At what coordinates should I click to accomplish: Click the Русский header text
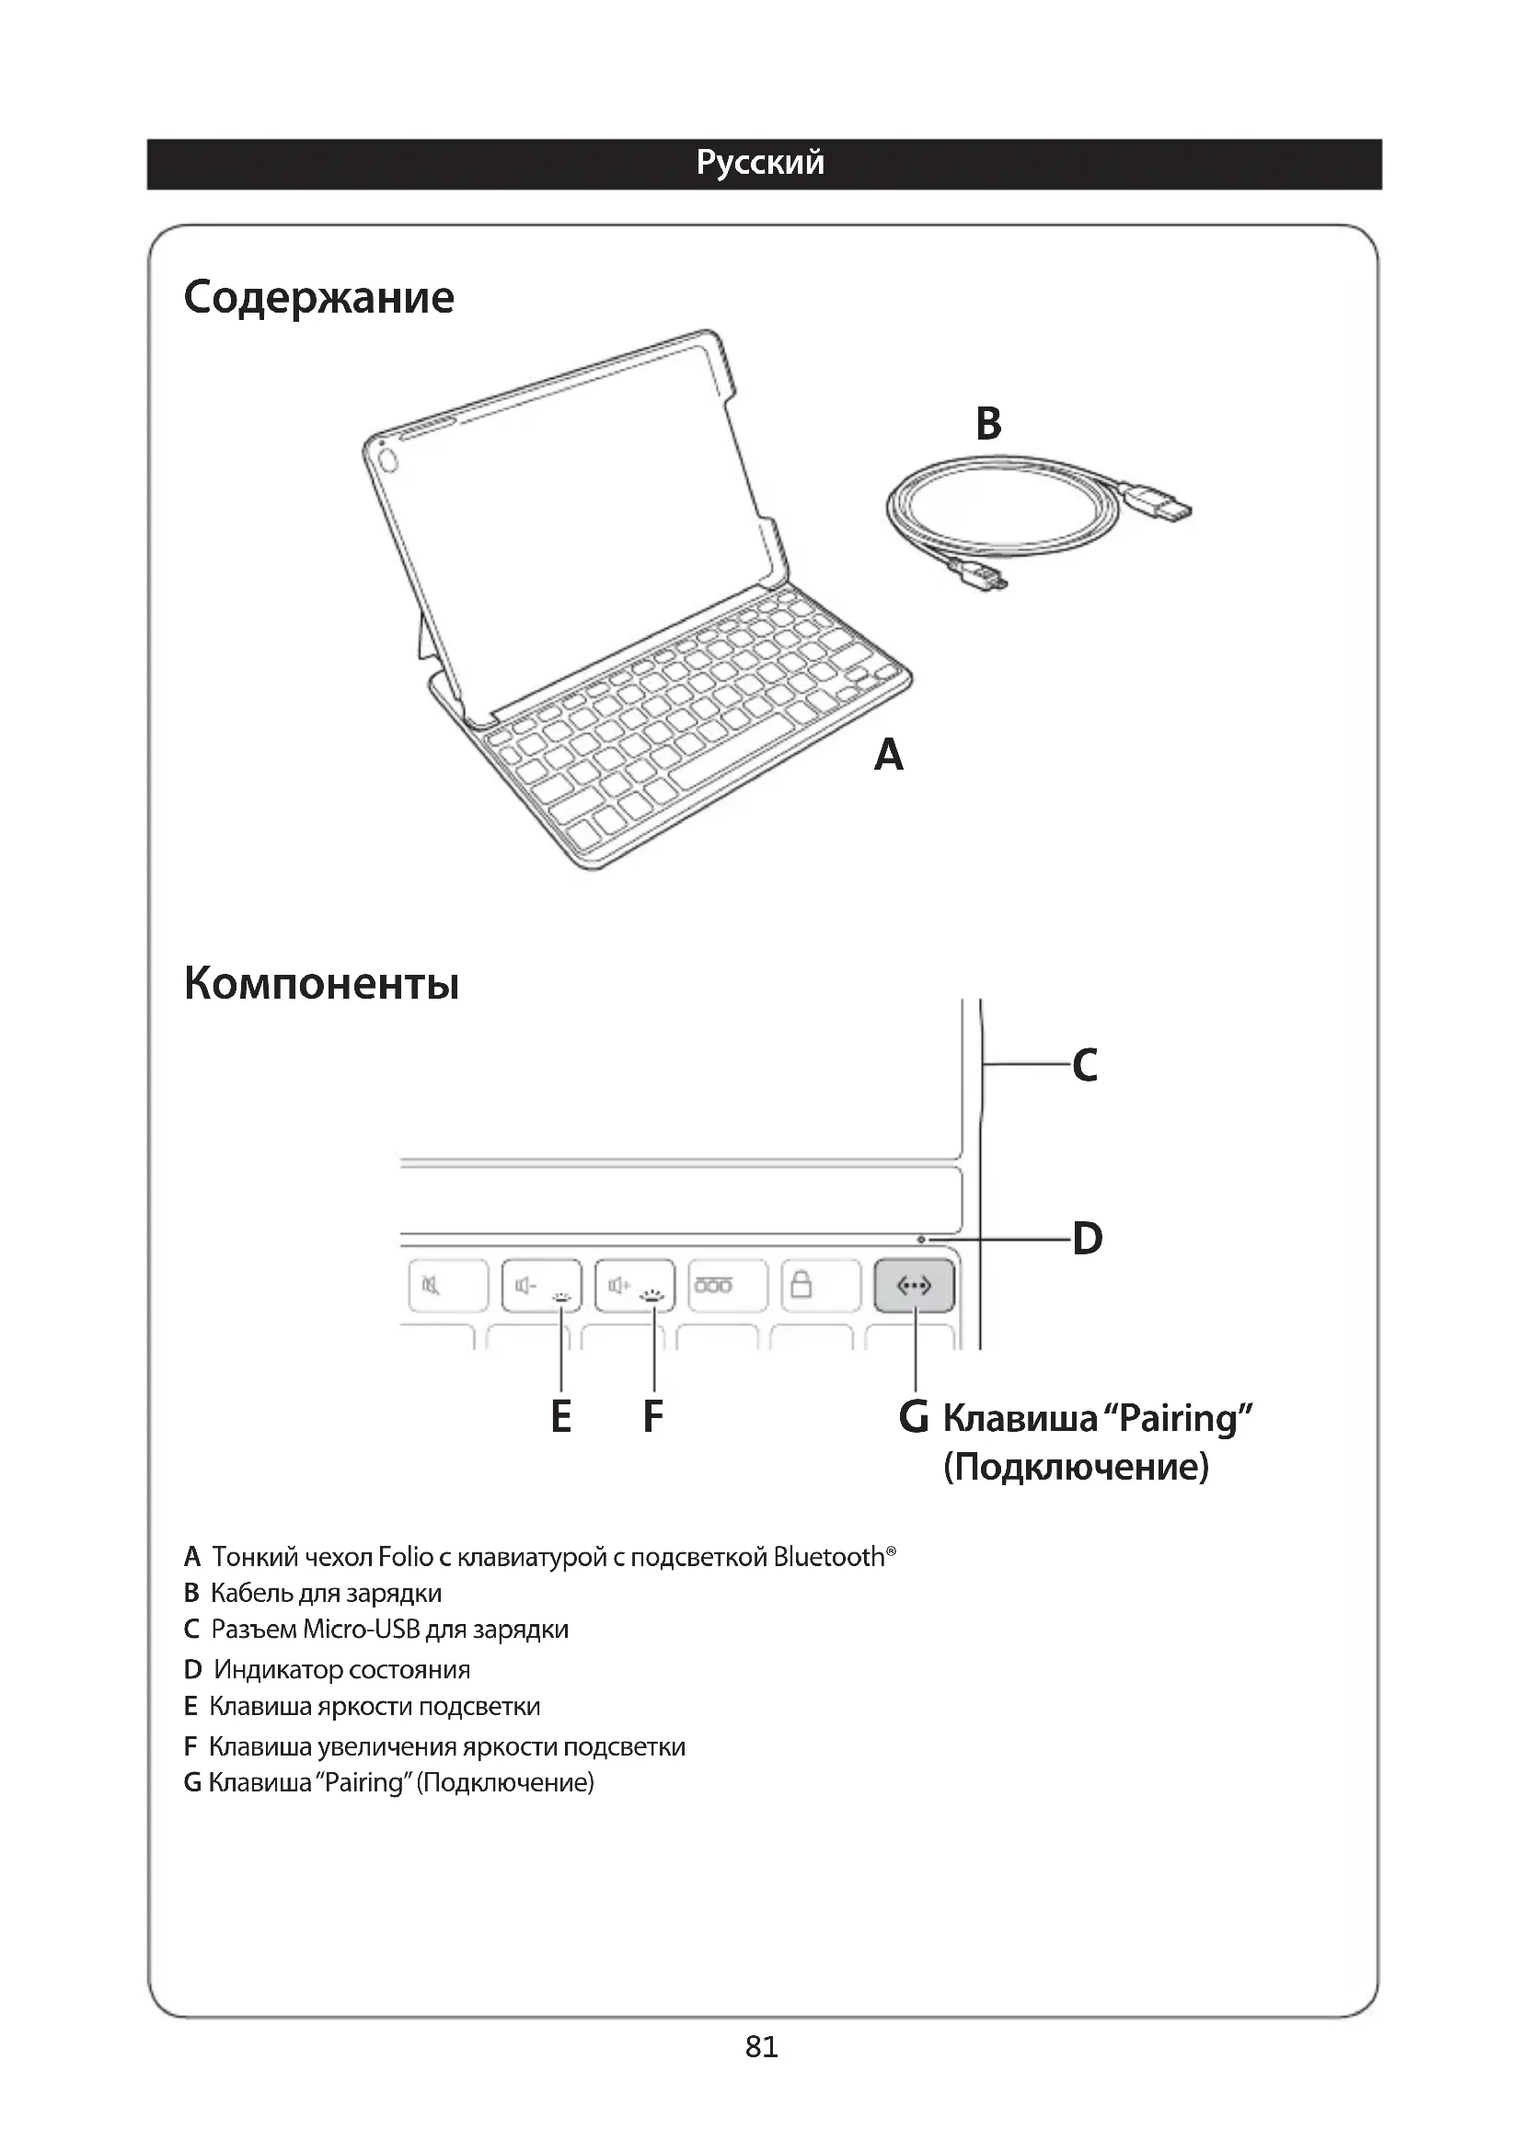[x=760, y=163]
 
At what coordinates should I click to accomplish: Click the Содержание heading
[x=318, y=297]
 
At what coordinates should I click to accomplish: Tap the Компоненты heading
[x=321, y=983]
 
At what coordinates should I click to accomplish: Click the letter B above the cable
[x=988, y=423]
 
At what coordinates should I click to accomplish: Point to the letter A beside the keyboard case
[x=889, y=754]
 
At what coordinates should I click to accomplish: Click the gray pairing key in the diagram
[x=914, y=1286]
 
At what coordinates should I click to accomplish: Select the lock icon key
[x=802, y=1286]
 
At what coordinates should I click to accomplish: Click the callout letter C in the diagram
[x=1085, y=1065]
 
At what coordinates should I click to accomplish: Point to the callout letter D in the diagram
[x=1087, y=1239]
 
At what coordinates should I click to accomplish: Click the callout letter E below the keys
[x=560, y=1416]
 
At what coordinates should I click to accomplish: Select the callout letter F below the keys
[x=653, y=1416]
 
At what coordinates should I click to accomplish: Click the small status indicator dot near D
[x=921, y=1240]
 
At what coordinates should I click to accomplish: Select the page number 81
[x=761, y=2047]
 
